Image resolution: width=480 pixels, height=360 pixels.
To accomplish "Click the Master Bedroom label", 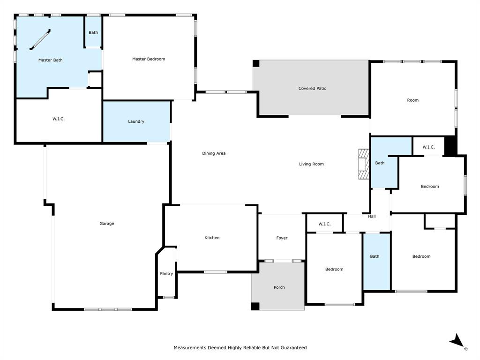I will pos(148,59).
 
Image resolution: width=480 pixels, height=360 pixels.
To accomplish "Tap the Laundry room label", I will pos(136,121).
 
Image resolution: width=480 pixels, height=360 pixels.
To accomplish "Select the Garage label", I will pos(106,224).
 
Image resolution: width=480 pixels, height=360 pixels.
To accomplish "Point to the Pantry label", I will pos(166,274).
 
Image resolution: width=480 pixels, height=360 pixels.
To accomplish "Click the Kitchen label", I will pos(212,238).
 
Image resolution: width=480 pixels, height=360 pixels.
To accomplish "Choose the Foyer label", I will pos(282,238).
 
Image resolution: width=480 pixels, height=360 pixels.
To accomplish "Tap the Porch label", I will pos(279,287).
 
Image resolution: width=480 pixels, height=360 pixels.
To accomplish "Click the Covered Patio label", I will pos(312,88).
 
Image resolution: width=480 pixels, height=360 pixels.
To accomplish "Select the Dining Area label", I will pos(214,153).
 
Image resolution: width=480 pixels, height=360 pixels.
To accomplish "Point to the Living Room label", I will pos(311,164).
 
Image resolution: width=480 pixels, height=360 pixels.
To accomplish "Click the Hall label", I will pos(372,217).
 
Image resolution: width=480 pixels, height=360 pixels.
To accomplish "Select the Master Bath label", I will pos(50,60).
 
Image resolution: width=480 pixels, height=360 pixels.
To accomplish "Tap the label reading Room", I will pos(412,100).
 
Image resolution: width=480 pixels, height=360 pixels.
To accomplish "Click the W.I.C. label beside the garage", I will pos(59,119).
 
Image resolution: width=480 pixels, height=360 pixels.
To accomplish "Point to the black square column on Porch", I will pos(255,306).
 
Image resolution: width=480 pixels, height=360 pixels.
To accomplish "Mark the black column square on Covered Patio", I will pos(256,63).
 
